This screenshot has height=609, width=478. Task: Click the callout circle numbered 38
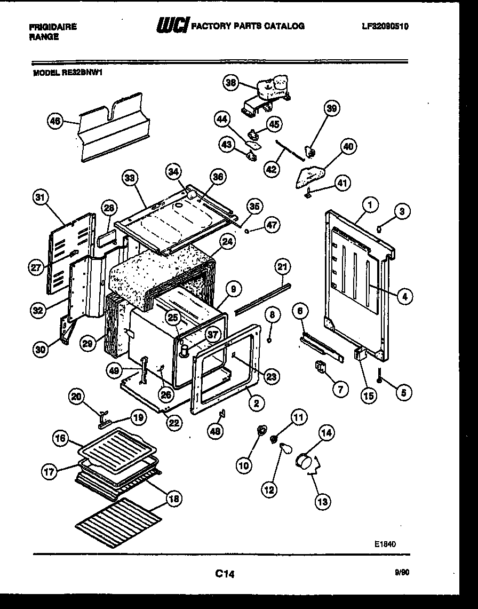coord(231,83)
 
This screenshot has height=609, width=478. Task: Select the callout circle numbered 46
coord(54,121)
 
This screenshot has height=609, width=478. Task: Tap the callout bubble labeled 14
coord(326,434)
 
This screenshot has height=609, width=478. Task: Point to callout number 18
coord(173,499)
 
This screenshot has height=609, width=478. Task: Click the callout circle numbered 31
coord(38,198)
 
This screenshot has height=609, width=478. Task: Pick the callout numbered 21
coord(283,266)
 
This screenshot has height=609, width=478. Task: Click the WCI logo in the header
coord(172,26)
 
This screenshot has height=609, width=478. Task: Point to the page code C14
coord(225,574)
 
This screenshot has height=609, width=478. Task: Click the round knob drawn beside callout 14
coord(305,459)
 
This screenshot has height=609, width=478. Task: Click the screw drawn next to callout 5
coord(378,375)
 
